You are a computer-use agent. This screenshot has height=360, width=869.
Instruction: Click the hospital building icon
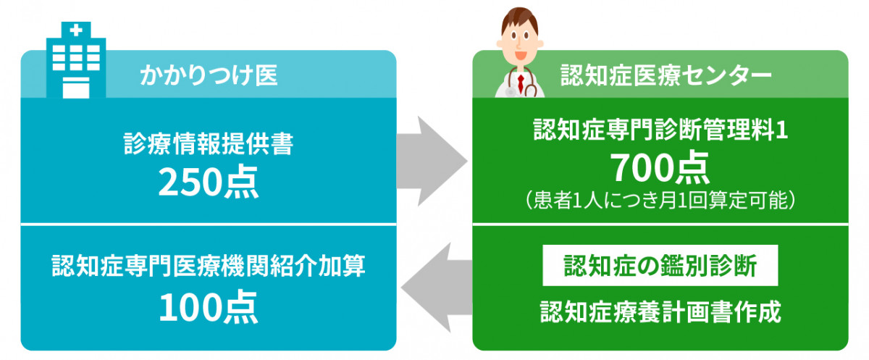pyautogui.click(x=76, y=60)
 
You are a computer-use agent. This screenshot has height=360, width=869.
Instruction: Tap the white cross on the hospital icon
pyautogui.click(x=76, y=30)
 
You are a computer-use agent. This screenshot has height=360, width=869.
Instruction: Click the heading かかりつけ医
pyautogui.click(x=209, y=75)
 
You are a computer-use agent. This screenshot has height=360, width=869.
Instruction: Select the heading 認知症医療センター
pyautogui.click(x=666, y=75)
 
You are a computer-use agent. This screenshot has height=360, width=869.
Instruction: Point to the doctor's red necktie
pyautogui.click(x=521, y=83)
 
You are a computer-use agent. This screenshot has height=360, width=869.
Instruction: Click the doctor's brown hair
pyautogui.click(x=519, y=20)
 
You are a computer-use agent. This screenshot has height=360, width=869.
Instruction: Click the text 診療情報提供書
pyautogui.click(x=209, y=143)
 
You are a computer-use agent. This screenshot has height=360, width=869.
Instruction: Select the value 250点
pyautogui.click(x=209, y=182)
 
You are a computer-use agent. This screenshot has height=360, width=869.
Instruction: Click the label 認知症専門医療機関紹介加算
pyautogui.click(x=209, y=266)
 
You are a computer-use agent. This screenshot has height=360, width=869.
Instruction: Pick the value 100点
pyautogui.click(x=209, y=307)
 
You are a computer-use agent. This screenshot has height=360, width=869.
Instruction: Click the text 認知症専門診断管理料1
pyautogui.click(x=660, y=130)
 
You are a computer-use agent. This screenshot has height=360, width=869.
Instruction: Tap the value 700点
pyautogui.click(x=660, y=167)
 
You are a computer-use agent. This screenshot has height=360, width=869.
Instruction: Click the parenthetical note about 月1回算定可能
pyautogui.click(x=660, y=200)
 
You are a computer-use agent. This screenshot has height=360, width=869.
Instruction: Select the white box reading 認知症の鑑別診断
pyautogui.click(x=660, y=265)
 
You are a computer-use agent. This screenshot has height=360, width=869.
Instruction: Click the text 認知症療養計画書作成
pyautogui.click(x=660, y=311)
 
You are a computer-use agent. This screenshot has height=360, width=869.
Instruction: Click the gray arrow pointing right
pyautogui.click(x=432, y=161)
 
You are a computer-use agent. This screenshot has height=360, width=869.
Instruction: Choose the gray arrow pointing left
pyautogui.click(x=437, y=288)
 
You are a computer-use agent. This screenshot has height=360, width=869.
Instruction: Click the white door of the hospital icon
pyautogui.click(x=76, y=88)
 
